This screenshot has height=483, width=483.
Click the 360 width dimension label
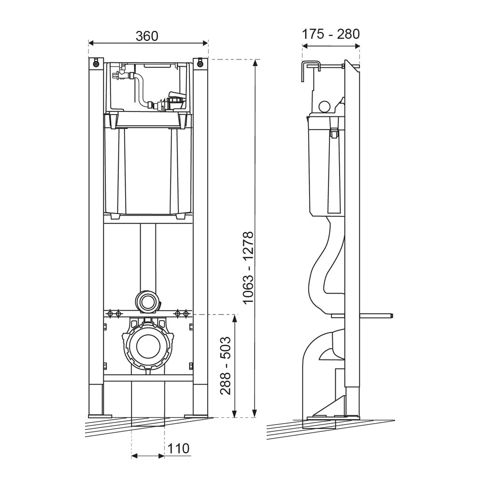147,35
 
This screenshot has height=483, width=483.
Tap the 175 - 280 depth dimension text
331,34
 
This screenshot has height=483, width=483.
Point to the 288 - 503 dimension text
226,366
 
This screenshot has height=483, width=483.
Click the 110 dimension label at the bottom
178,448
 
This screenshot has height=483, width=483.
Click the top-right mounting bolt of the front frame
200,62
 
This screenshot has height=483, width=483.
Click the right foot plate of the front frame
197,416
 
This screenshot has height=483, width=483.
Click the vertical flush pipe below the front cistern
148,256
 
